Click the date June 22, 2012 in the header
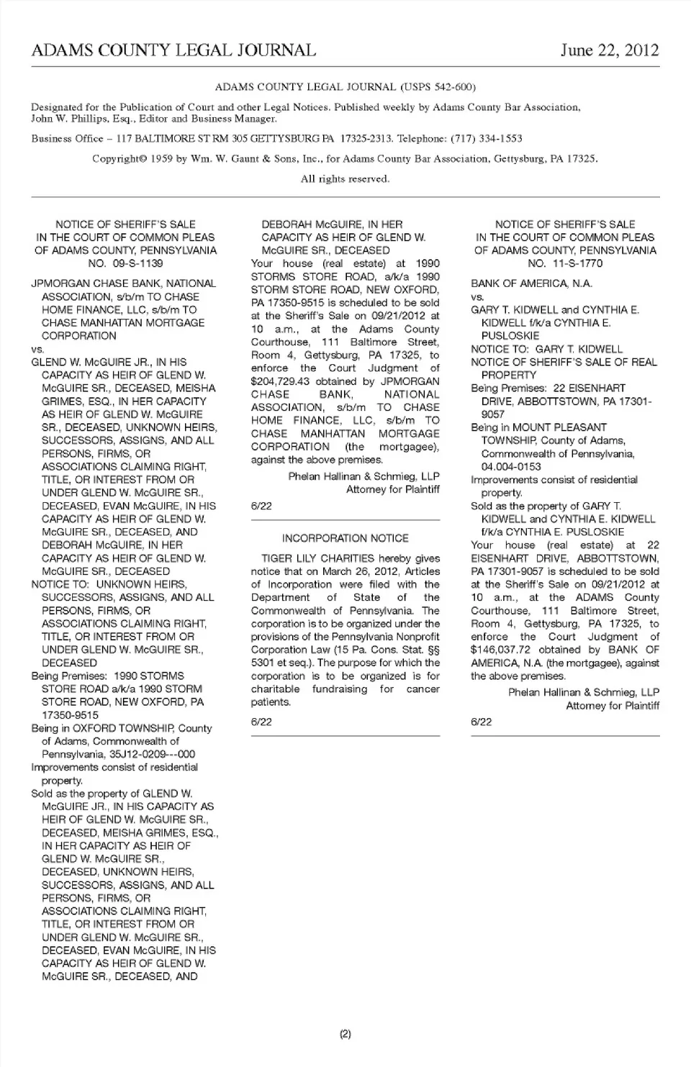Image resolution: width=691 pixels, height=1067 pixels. point(610,50)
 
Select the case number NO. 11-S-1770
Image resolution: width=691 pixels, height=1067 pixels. point(565,263)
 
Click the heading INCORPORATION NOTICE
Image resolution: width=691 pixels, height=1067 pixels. point(345,538)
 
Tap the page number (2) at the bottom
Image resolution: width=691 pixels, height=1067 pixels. point(345,1035)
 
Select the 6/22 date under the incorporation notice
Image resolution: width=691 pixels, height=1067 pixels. point(261,722)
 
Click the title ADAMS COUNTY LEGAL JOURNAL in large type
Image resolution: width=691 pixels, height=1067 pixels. point(173,50)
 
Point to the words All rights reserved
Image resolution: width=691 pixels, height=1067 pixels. point(345,179)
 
